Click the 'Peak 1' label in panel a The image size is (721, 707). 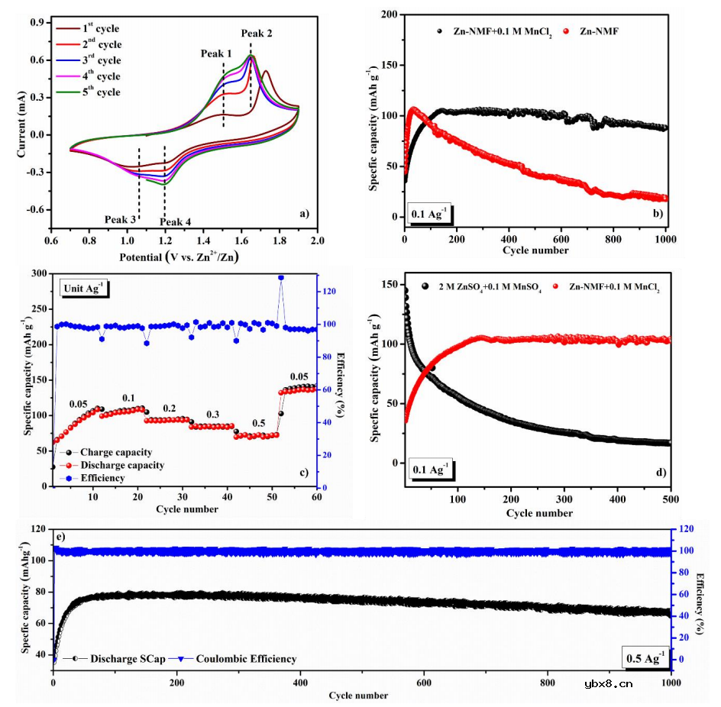coord(216,53)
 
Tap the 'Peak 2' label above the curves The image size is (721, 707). coord(256,33)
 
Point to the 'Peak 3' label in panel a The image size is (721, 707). coord(121,219)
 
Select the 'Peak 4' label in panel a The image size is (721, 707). coord(176,222)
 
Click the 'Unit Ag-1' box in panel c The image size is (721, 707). coord(86,286)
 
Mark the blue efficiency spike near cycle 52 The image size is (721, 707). coord(281,278)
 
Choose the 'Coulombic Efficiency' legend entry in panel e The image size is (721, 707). coord(241,658)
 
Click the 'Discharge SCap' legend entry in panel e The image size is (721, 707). coord(124,658)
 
